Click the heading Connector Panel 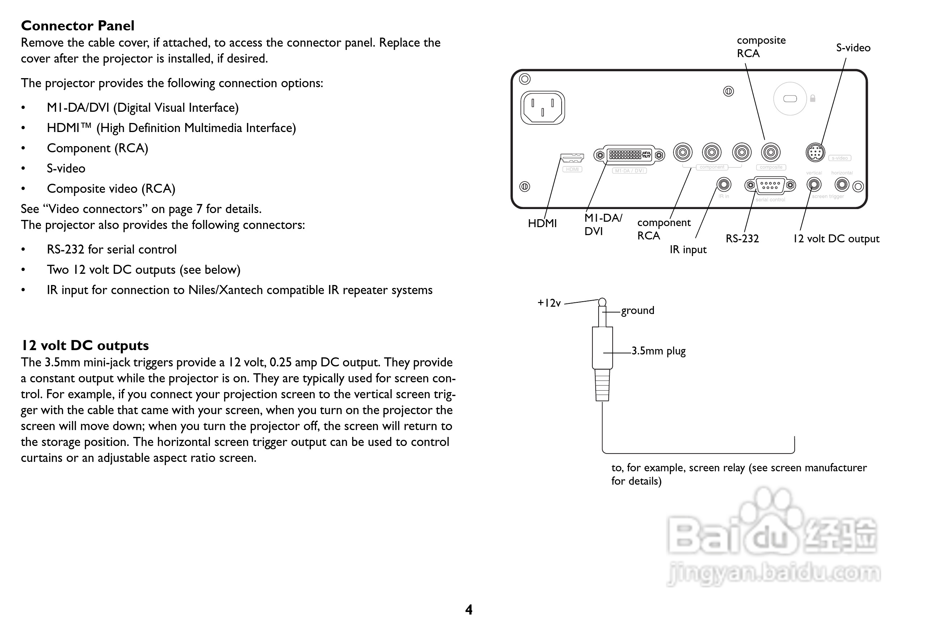77,26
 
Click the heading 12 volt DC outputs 85,345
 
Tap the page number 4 469,609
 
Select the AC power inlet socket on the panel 542,108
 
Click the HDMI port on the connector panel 572,158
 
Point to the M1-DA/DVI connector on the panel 629,155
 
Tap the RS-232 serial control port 770,185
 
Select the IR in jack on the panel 723,184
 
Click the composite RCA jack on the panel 770,152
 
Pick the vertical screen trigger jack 814,184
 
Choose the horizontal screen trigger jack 842,184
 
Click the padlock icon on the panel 812,98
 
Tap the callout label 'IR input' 688,250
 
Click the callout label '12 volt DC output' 836,239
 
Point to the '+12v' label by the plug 549,303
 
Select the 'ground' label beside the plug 637,310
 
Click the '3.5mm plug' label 658,351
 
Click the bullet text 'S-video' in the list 66,169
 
